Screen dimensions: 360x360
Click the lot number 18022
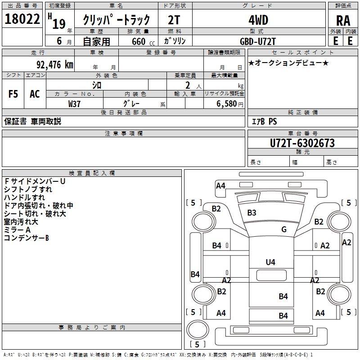(x=22, y=19)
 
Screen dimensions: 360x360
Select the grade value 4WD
(x=258, y=20)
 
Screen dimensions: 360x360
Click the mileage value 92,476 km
(x=55, y=65)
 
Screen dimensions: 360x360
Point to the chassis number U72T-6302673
(x=302, y=143)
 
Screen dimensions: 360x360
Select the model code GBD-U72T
(x=258, y=41)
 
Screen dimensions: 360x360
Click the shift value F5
(x=13, y=94)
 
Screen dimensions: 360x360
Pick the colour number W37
(x=75, y=103)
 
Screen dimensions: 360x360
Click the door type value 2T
(x=174, y=20)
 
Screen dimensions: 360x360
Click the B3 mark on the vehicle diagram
(x=252, y=212)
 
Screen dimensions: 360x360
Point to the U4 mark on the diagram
(x=270, y=262)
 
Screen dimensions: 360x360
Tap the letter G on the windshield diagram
(x=283, y=229)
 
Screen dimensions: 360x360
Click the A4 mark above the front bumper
(x=220, y=185)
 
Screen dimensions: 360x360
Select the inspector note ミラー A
(x=18, y=229)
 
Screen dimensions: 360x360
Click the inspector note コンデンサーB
(x=26, y=238)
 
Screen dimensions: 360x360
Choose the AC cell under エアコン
(x=35, y=94)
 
